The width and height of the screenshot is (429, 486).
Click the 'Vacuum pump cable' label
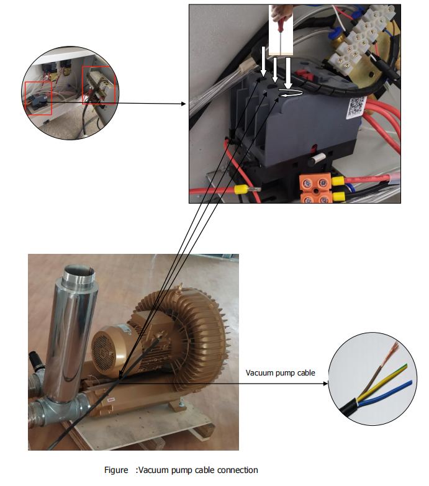(281, 373)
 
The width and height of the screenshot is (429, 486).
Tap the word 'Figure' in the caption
(116, 470)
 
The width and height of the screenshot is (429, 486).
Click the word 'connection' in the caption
(238, 470)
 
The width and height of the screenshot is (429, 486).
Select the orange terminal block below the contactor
(317, 189)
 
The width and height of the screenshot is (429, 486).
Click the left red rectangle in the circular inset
(38, 98)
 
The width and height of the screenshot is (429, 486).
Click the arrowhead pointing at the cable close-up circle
(325, 384)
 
